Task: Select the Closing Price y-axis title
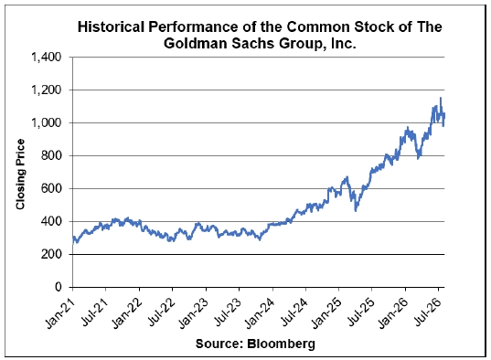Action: point(20,175)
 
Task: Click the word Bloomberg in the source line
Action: point(281,344)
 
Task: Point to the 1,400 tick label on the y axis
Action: point(46,58)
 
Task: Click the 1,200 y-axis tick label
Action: point(46,90)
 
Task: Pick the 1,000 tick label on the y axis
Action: point(46,123)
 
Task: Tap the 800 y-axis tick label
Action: point(51,155)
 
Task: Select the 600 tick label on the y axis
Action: point(51,188)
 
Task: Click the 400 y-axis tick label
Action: point(51,221)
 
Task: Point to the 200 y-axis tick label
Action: point(51,254)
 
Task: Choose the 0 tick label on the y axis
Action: point(59,287)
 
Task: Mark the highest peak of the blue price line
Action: point(441,98)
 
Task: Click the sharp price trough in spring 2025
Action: point(356,211)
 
